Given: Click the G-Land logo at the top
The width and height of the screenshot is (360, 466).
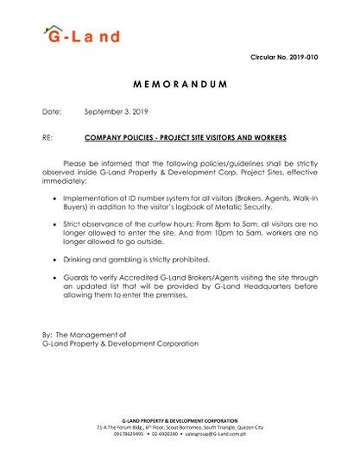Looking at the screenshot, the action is (x=81, y=35).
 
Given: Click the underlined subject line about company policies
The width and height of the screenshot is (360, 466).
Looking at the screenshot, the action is (x=185, y=137).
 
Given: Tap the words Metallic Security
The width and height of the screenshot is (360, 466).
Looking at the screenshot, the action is (x=232, y=208).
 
